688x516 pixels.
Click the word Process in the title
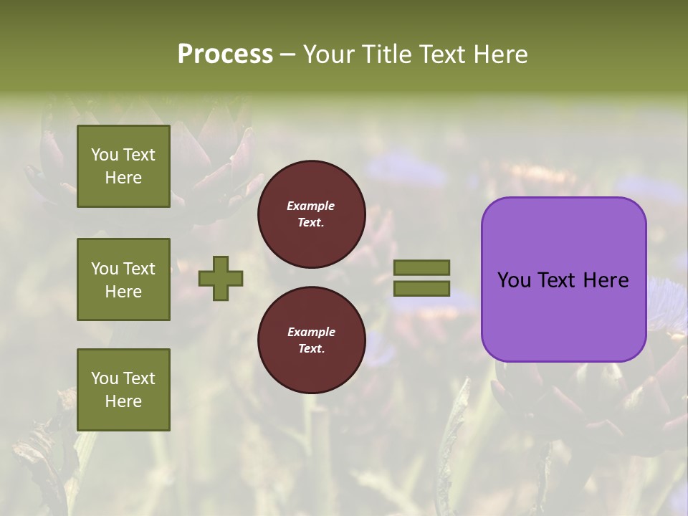point(225,54)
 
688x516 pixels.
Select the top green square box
point(123,166)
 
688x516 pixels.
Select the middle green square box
point(123,279)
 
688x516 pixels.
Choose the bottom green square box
point(123,390)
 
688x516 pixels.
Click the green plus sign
point(221,278)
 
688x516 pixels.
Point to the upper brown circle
point(311,214)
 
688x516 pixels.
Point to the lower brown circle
point(311,340)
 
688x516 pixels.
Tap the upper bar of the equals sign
point(421,267)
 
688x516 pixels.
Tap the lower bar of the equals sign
point(421,289)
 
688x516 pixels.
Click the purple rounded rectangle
point(563,315)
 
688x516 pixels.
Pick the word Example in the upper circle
point(311,206)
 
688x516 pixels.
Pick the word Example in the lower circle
point(311,332)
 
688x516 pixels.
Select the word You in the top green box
point(105,155)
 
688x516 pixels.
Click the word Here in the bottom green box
point(123,401)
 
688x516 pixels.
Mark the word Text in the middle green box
point(138,269)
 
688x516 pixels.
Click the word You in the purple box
point(513,280)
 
